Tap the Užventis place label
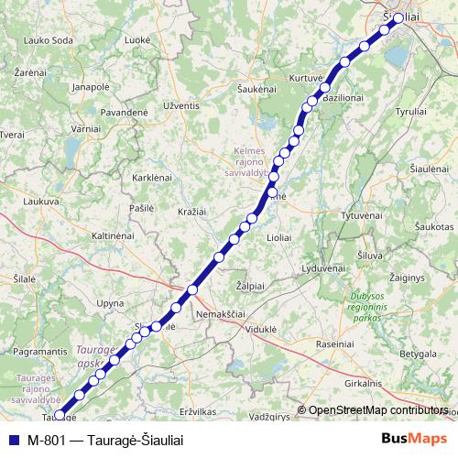(180, 106)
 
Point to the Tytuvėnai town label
(360, 214)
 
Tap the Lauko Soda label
(49, 40)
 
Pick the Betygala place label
(418, 353)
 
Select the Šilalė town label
(25, 279)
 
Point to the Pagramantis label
(40, 352)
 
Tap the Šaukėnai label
(256, 89)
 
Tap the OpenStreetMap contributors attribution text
(377, 410)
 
